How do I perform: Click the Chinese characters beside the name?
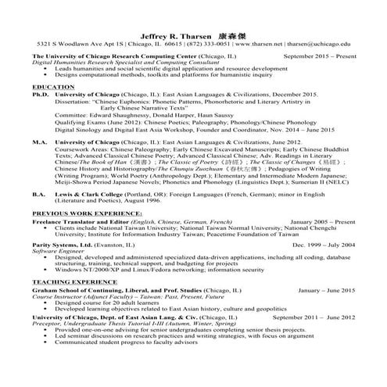click(x=230, y=36)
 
